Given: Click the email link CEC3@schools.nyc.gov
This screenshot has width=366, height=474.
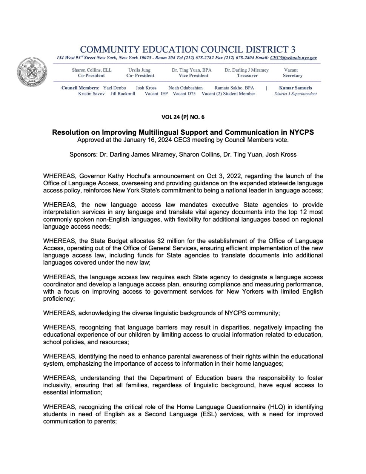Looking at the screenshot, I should [x=293, y=58].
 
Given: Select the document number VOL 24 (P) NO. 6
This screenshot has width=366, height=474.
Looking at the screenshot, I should [x=183, y=117].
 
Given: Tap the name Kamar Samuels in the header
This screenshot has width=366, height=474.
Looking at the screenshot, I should [x=295, y=88].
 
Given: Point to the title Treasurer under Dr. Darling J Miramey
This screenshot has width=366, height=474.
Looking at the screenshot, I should [x=247, y=75].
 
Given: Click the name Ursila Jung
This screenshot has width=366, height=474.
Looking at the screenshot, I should [x=139, y=70].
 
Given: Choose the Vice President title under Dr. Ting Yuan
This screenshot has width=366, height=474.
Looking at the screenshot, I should [x=194, y=75].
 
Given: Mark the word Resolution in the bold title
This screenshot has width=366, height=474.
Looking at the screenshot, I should [x=70, y=132].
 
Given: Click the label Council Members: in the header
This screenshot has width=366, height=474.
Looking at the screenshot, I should [x=81, y=88].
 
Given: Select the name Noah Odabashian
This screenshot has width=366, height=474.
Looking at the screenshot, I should [x=185, y=88].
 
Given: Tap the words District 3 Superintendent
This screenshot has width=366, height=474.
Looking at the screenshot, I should [x=295, y=94].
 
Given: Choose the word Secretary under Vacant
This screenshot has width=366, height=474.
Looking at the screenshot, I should [x=292, y=75].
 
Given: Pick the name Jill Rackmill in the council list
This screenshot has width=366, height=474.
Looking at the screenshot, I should [x=123, y=94].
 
